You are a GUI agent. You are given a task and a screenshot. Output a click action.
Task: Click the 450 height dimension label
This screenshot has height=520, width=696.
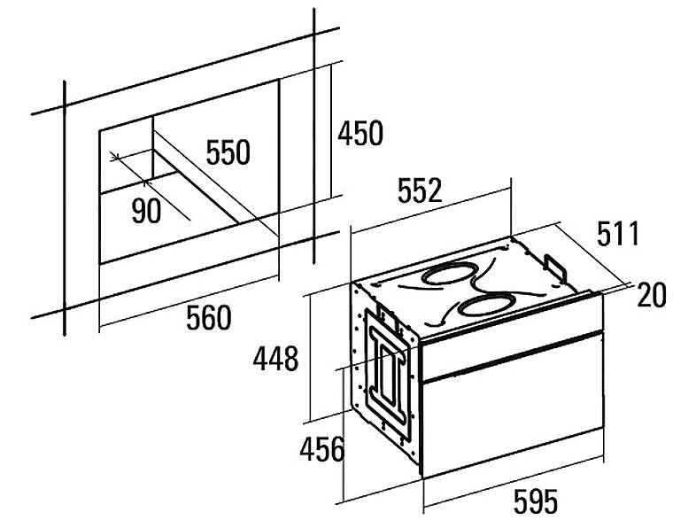click(x=360, y=133)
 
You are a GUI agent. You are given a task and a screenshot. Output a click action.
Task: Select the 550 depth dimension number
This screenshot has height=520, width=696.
click(x=228, y=151)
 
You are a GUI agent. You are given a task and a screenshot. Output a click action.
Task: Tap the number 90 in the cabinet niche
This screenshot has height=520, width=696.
click(x=146, y=211)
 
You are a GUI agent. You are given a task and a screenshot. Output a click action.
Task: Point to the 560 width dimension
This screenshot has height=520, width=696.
click(x=209, y=317)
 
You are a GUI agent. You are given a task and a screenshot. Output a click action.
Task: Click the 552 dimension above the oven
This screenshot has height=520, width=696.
click(x=420, y=190)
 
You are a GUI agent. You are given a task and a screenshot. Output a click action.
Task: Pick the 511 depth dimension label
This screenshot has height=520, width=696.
click(x=617, y=234)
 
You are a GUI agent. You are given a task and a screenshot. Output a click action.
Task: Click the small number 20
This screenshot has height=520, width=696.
click(x=652, y=295)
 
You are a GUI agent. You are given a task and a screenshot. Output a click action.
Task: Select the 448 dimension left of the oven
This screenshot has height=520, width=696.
click(x=275, y=359)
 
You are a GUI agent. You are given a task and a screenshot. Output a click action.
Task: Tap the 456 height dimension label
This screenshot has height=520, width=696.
click(x=321, y=449)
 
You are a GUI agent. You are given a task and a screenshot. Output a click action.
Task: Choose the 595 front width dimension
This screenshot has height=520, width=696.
click(x=536, y=501)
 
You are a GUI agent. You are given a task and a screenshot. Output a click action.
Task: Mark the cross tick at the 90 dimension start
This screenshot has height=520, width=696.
click(x=115, y=156)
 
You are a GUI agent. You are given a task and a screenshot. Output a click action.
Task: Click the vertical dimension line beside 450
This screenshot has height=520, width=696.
click(x=331, y=132)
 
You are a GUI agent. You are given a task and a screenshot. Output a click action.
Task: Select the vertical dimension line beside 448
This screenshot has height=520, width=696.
click(x=310, y=357)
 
